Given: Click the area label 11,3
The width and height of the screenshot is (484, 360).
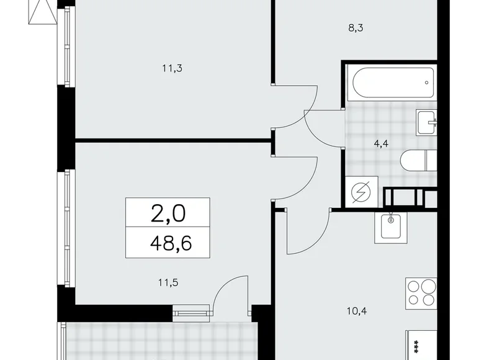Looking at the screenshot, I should pos(172,68).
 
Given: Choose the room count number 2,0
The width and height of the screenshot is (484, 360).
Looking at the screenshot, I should pos(168,214).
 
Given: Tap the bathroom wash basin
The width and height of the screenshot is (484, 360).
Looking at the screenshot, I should pos(428,121).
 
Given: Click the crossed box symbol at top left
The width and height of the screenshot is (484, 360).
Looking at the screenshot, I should pos(41,11).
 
